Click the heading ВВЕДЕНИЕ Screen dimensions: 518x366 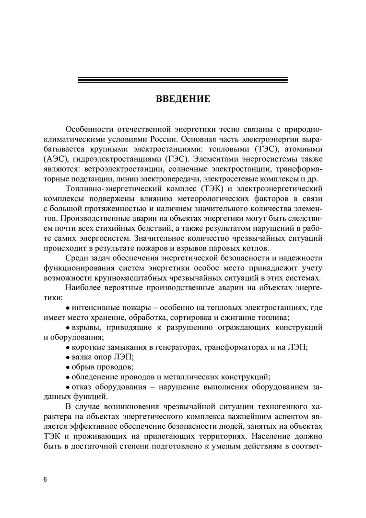pyautogui.click(x=183, y=100)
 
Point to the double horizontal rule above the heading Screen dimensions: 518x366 pyautogui.click(x=183, y=80)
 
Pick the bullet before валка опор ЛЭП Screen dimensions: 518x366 pyautogui.click(x=68, y=356)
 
